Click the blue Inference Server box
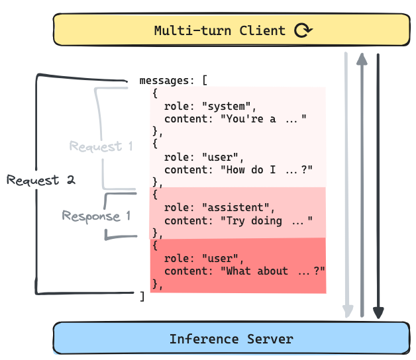(231, 339)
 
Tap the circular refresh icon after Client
(303, 30)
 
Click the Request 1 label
(101, 146)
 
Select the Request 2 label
(41, 180)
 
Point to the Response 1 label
(96, 216)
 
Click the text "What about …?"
(272, 271)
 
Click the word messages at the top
(164, 81)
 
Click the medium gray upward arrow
(362, 185)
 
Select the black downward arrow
(378, 185)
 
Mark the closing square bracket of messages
(142, 296)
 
